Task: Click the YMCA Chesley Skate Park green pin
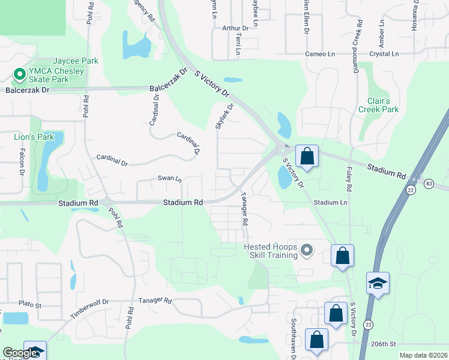(19, 75)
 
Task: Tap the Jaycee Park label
(76, 61)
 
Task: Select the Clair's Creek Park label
(378, 105)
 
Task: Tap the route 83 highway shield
(428, 183)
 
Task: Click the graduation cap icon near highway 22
(378, 283)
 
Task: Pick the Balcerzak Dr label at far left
(27, 90)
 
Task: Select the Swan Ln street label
(169, 178)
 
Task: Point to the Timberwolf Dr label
(89, 308)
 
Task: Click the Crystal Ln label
(384, 54)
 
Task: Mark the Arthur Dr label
(235, 28)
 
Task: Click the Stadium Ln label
(331, 203)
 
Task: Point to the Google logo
(20, 353)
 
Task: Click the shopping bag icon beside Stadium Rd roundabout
(307, 157)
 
